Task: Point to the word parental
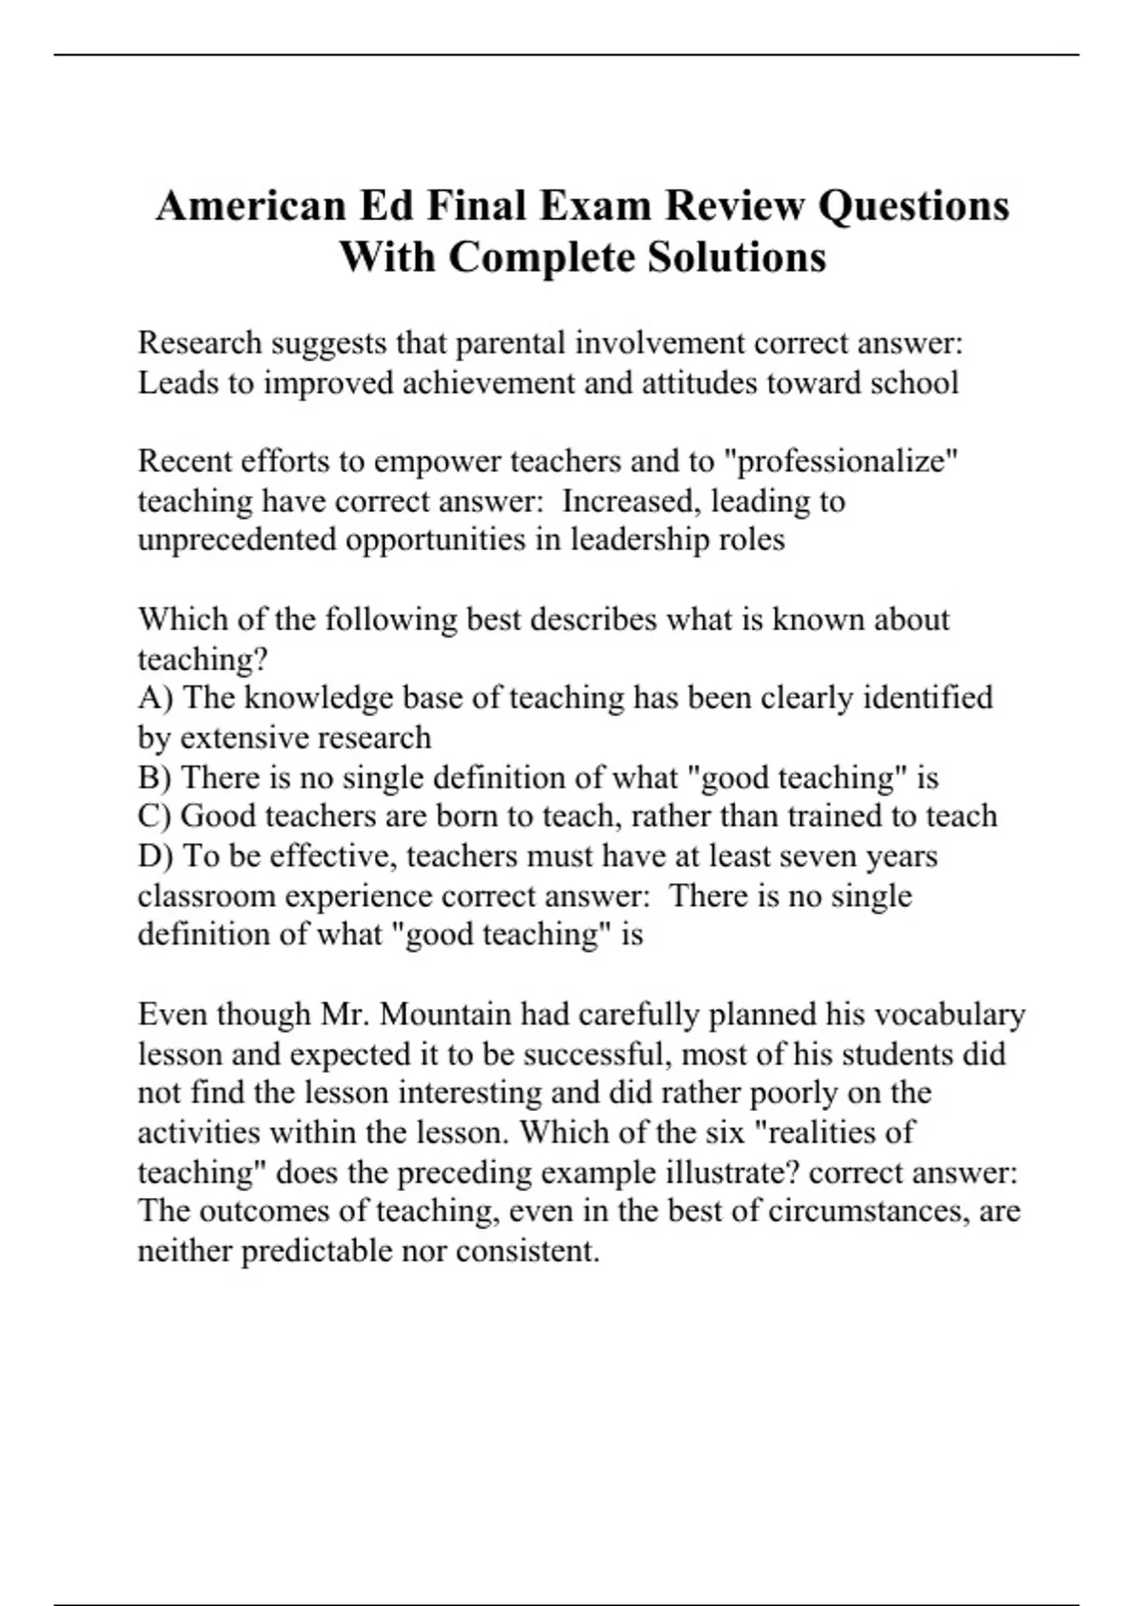[511, 343]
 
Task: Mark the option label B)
[155, 777]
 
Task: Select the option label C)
[155, 816]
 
